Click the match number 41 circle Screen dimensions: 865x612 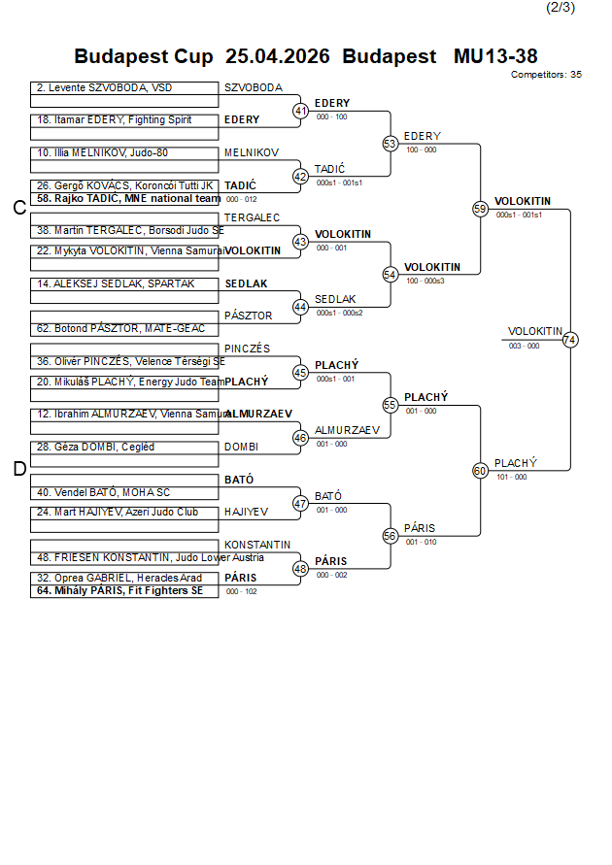coord(301,111)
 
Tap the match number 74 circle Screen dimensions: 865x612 coord(570,340)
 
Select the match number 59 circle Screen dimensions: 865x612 coord(480,209)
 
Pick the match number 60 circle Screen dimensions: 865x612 coord(480,471)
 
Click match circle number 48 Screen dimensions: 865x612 coord(301,569)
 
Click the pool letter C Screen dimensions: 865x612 coord(18,208)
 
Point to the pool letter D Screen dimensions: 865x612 coord(18,470)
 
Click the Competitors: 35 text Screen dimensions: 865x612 coord(546,74)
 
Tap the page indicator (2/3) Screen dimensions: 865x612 coord(561,8)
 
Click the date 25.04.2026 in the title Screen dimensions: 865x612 coord(277,56)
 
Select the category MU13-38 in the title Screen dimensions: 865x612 coord(495,56)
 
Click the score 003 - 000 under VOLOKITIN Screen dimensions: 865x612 coord(524,346)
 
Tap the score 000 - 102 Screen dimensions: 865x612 coord(241,591)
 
